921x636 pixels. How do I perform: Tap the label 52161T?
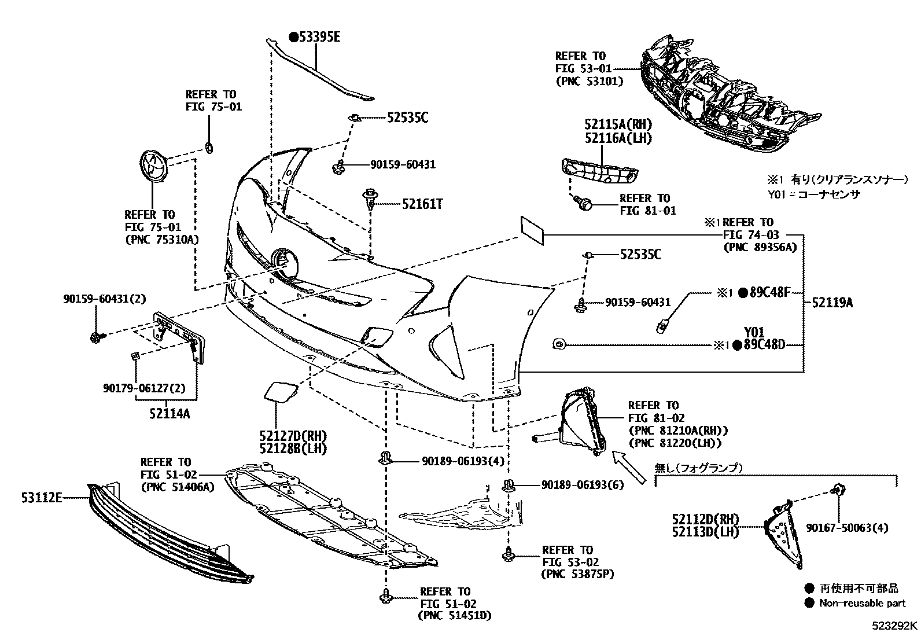click(x=422, y=204)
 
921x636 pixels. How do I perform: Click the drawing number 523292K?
click(x=895, y=626)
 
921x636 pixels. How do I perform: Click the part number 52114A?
click(x=169, y=414)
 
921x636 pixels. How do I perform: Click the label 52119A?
click(x=832, y=302)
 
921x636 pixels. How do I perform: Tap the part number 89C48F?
click(x=769, y=292)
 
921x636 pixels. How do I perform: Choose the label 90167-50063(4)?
click(x=848, y=528)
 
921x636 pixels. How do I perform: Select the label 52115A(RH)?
click(x=618, y=124)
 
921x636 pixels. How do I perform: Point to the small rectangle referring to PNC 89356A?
click(x=532, y=229)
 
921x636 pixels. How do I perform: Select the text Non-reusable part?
click(x=862, y=603)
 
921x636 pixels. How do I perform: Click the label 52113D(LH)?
click(x=705, y=532)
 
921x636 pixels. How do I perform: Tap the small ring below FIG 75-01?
click(x=209, y=149)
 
